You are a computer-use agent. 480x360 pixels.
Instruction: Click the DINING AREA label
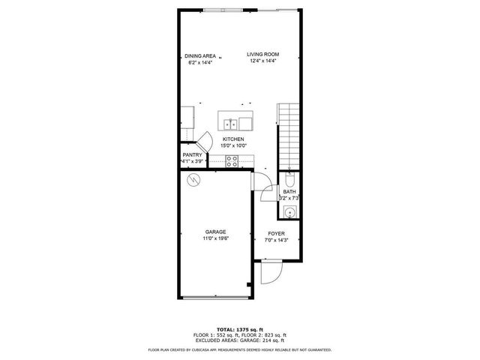tap(200, 55)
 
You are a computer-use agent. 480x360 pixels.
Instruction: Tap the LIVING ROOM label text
tap(264, 53)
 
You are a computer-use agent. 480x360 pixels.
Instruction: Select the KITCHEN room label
tap(233, 139)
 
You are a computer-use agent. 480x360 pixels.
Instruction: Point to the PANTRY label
tap(192, 154)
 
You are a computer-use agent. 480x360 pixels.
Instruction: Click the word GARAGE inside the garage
tap(215, 232)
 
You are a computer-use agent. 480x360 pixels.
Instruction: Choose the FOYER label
tap(276, 234)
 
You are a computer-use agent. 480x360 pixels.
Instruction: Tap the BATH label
tap(289, 192)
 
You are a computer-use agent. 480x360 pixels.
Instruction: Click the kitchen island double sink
tap(233, 123)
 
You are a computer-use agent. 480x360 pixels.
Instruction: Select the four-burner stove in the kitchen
tap(232, 160)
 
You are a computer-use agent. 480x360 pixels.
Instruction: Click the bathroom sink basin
tap(289, 211)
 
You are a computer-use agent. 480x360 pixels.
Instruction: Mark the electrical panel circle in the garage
tap(193, 180)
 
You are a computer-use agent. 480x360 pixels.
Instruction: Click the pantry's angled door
tap(204, 140)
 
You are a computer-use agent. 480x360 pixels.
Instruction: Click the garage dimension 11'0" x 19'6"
tap(215, 239)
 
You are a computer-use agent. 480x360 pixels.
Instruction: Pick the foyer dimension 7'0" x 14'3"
tap(276, 241)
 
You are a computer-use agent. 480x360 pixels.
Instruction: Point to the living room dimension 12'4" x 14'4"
tap(264, 61)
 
